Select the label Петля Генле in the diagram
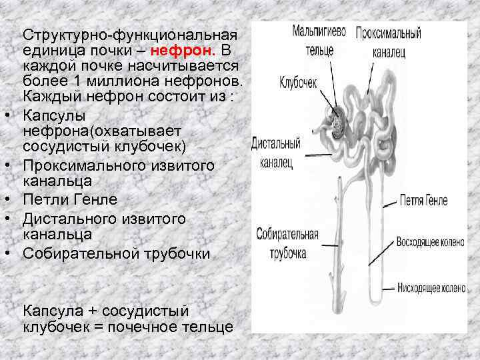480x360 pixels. coord(423,200)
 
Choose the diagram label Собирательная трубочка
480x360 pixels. coord(287,244)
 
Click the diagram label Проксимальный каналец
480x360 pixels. coord(387,41)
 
